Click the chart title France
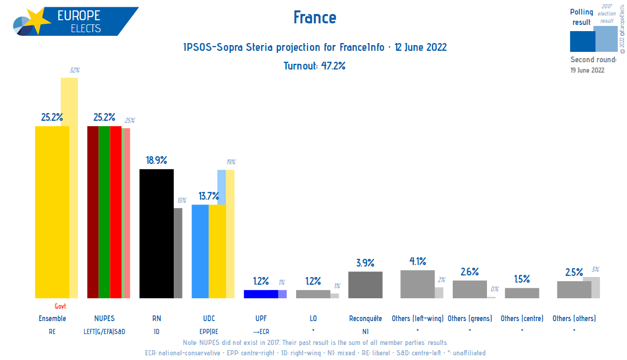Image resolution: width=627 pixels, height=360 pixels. tap(314, 18)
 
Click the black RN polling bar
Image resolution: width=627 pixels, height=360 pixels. tap(156, 233)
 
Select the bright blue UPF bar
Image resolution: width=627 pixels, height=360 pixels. tap(261, 294)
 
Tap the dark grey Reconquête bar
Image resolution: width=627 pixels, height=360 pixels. tap(365, 285)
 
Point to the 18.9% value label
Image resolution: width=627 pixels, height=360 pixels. tap(156, 160)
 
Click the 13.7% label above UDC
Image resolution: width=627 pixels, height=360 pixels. tap(208, 196)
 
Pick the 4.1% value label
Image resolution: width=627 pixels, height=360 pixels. tap(417, 261)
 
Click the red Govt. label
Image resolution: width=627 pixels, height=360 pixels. tap(61, 307)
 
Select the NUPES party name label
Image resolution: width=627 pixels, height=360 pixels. tap(104, 319)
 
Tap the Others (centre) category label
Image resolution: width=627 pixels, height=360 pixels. tap(522, 319)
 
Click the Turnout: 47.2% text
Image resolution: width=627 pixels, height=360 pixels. tap(314, 66)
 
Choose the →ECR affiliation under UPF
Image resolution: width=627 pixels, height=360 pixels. tap(261, 331)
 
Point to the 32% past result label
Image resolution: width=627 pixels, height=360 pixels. tap(74, 70)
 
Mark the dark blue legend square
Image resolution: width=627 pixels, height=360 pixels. tap(581, 41)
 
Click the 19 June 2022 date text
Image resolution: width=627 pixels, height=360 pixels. tap(587, 70)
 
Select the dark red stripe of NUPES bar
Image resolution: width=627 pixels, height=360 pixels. tap(92, 212)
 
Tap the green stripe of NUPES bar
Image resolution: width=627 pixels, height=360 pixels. tap(104, 212)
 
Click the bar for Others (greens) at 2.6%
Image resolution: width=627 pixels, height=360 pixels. tap(469, 289)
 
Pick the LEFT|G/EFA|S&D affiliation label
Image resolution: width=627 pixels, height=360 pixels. tap(104, 331)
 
